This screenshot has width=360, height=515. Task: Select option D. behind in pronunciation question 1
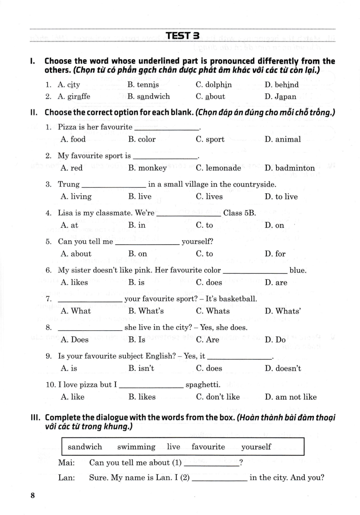point(281,85)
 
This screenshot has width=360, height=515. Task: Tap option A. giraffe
point(74,96)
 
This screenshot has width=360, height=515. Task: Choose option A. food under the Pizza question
point(73,139)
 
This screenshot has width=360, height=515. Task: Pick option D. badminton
point(290,168)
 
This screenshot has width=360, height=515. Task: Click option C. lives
point(209,197)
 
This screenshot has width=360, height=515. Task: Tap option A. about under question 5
point(76,254)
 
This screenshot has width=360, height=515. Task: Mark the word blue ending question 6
point(298,271)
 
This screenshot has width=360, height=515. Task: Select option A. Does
point(74,340)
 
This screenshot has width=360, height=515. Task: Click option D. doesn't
point(283,369)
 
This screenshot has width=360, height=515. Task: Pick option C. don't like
point(218,397)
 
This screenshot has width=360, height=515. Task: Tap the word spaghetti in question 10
point(203,385)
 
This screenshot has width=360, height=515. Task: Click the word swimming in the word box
point(136,447)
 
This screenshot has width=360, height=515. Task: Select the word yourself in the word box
point(256,447)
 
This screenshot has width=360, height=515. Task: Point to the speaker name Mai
point(66,463)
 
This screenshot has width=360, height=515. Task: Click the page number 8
point(33,495)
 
